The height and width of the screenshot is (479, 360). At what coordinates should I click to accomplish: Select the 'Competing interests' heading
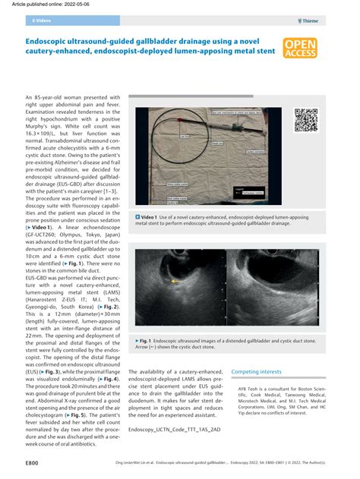[259, 373]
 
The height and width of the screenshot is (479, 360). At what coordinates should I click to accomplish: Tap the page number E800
[32, 462]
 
